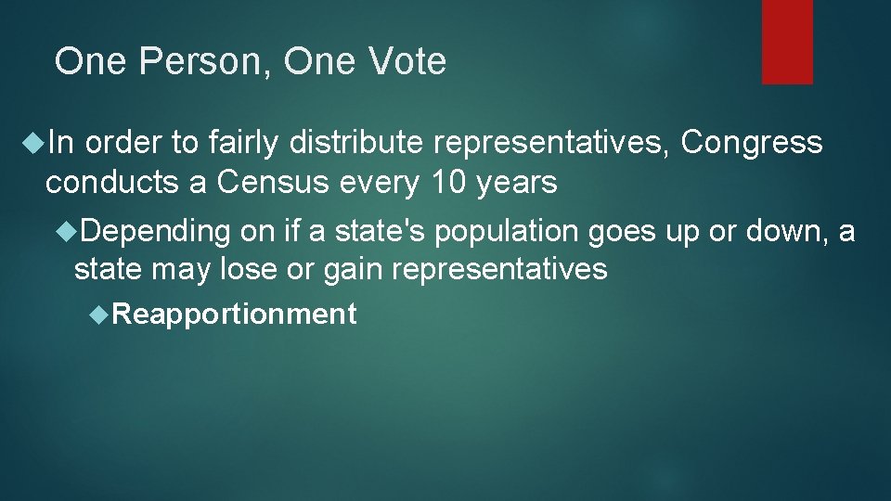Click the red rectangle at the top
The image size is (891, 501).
coord(787,42)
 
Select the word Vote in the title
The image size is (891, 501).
coord(407,62)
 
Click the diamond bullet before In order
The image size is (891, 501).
coord(34,143)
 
